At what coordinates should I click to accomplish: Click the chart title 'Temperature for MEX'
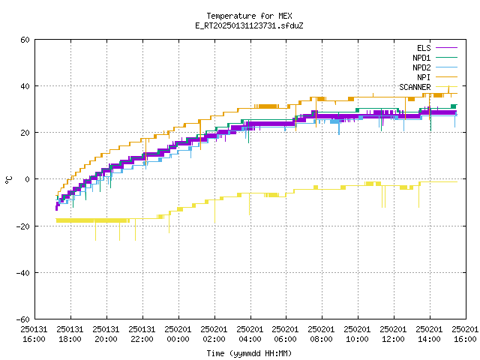pyautogui.click(x=249, y=16)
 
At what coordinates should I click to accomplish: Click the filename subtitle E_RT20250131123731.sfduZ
pyautogui.click(x=249, y=25)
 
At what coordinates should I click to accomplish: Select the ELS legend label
pyautogui.click(x=424, y=48)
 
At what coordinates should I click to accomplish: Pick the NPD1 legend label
pyautogui.click(x=421, y=58)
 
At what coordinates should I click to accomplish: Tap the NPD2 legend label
pyautogui.click(x=421, y=67)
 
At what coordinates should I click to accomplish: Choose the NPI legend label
pyautogui.click(x=424, y=77)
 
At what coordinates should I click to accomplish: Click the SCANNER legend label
pyautogui.click(x=415, y=87)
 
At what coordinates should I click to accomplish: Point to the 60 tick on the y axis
pyautogui.click(x=25, y=40)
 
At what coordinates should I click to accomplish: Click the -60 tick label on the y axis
pyautogui.click(x=23, y=319)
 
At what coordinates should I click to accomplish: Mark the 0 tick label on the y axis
pyautogui.click(x=28, y=179)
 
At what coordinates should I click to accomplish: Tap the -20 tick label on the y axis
pyautogui.click(x=23, y=226)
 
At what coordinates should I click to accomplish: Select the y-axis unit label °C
pyautogui.click(x=8, y=180)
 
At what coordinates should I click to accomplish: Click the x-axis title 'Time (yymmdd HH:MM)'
pyautogui.click(x=249, y=353)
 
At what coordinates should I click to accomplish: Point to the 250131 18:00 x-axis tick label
pyautogui.click(x=70, y=334)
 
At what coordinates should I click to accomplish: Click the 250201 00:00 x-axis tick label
pyautogui.click(x=178, y=334)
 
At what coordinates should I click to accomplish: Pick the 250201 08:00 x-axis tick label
pyautogui.click(x=321, y=334)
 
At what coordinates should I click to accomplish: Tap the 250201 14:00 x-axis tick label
pyautogui.click(x=429, y=334)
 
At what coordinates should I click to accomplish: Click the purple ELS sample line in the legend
pyautogui.click(x=447, y=48)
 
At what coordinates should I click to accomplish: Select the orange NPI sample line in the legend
pyautogui.click(x=447, y=77)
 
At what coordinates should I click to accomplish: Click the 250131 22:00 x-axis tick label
pyautogui.click(x=142, y=334)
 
